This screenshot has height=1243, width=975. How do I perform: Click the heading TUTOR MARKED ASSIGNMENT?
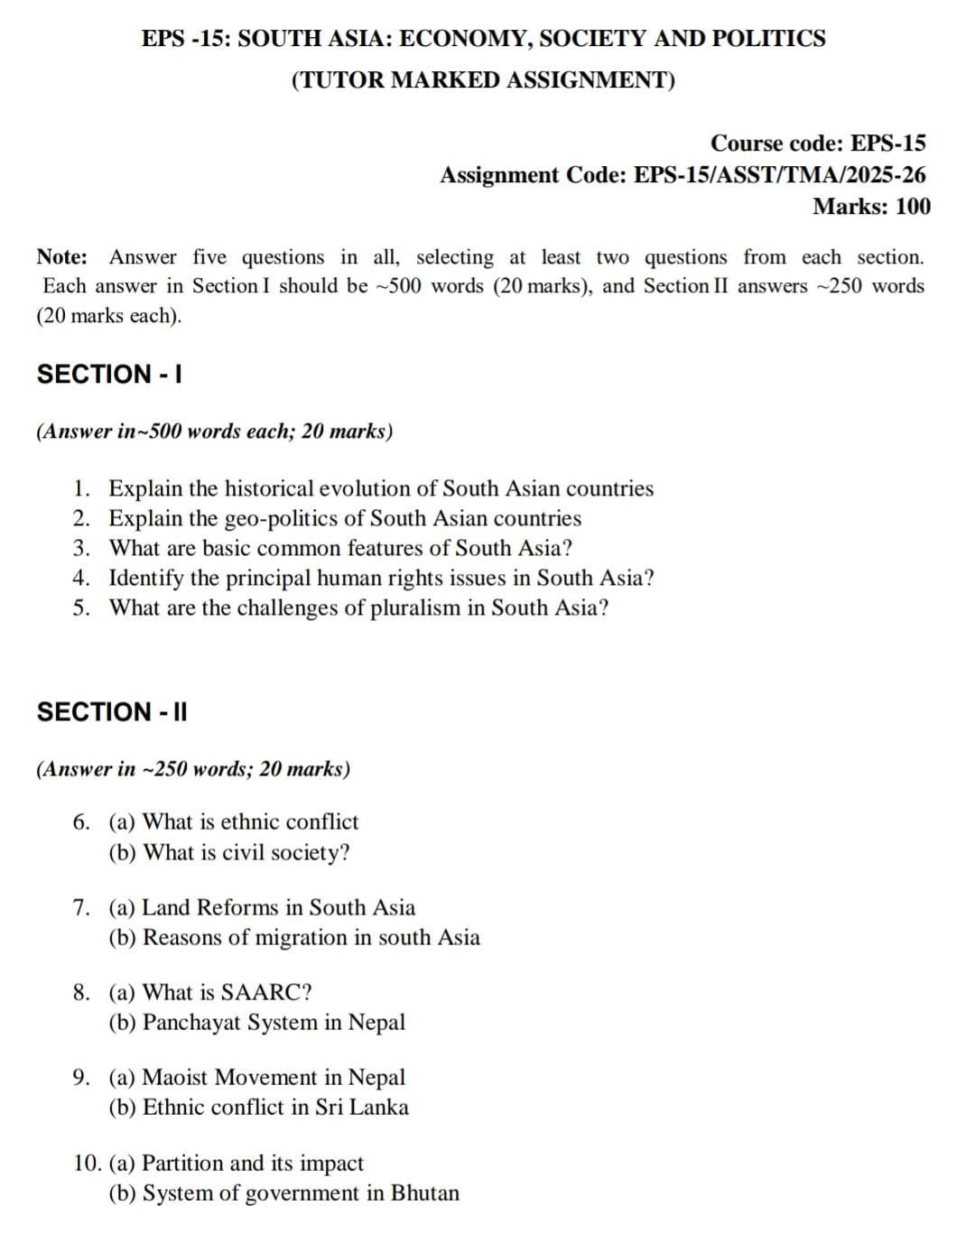tap(483, 80)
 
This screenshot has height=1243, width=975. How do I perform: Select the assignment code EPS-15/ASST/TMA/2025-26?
tap(780, 175)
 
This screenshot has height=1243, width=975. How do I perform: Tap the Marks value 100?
tap(914, 207)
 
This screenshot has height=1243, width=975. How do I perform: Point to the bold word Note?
tap(62, 257)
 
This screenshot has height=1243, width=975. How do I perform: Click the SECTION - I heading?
tap(109, 375)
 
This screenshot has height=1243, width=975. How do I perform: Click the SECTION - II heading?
tap(112, 712)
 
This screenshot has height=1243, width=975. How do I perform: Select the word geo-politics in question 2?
tap(280, 519)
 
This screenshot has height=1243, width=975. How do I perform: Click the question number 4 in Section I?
tap(81, 578)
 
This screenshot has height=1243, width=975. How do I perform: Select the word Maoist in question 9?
tap(175, 1078)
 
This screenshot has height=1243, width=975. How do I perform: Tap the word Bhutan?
tap(424, 1193)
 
